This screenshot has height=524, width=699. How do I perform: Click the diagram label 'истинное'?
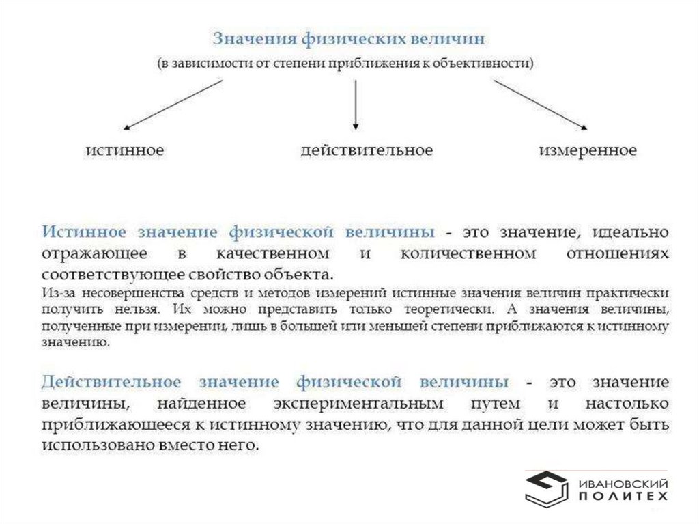point(124,150)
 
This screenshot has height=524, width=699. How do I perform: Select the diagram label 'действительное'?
point(367,150)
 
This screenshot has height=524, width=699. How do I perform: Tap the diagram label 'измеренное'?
point(588,150)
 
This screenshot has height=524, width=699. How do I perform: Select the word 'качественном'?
point(272,253)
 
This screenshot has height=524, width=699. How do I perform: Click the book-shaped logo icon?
point(545,488)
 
